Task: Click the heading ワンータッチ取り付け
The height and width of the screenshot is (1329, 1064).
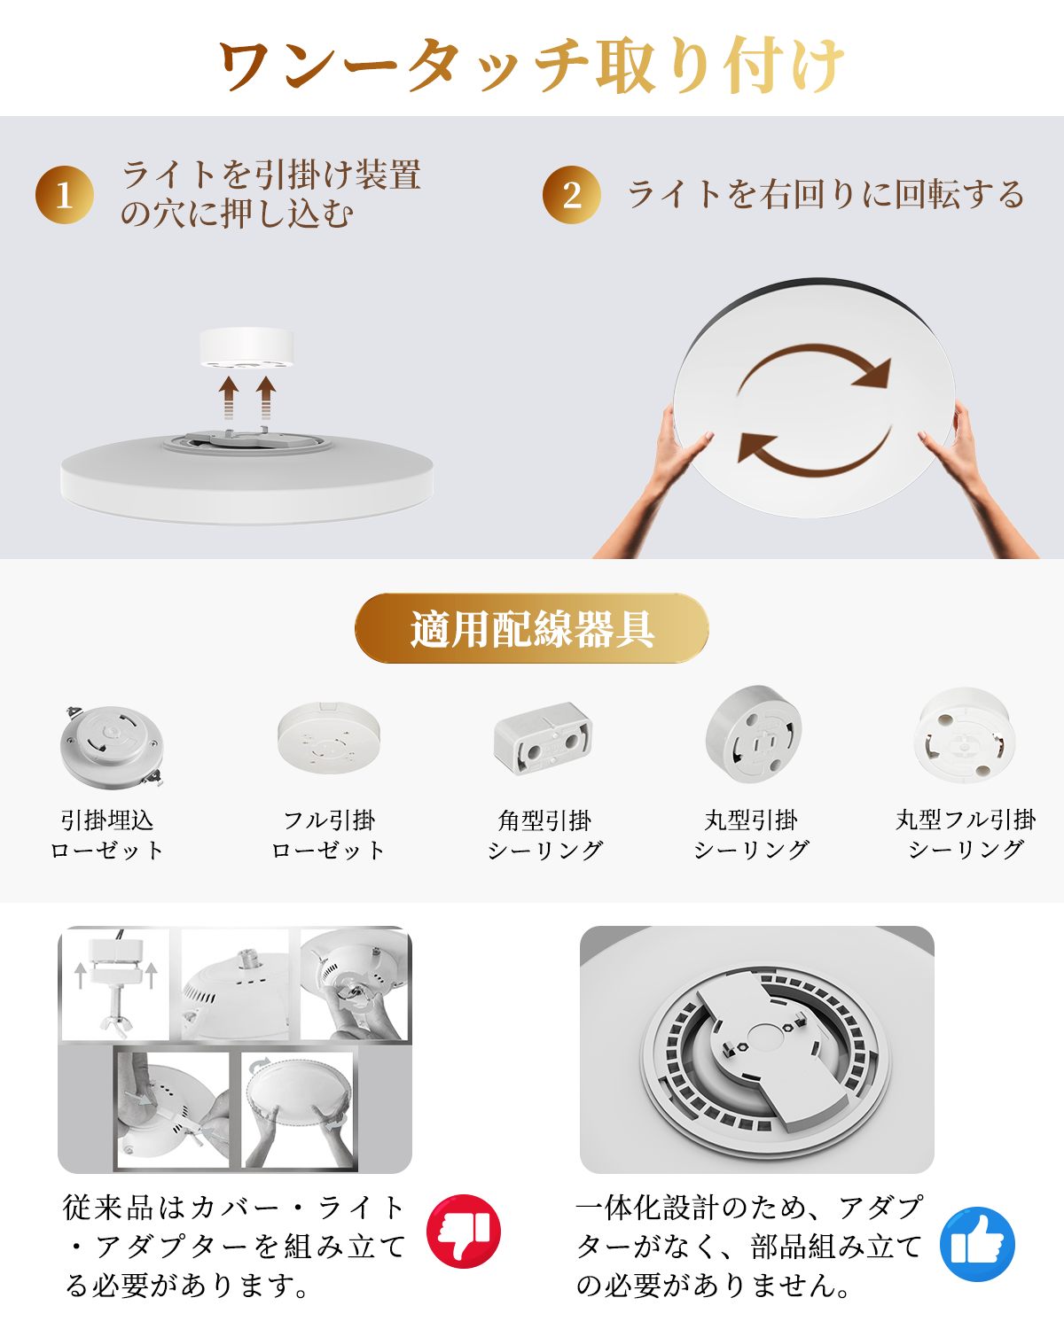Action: pos(532,64)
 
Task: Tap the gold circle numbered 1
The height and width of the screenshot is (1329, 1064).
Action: pos(65,195)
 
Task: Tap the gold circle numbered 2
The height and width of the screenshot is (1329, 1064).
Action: pos(572,195)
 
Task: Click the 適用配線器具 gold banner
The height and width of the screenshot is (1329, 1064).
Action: pos(532,629)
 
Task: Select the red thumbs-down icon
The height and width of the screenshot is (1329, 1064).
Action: pos(464,1232)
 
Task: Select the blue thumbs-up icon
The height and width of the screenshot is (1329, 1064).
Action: pos(977,1244)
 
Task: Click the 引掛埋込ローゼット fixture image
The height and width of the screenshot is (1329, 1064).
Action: pos(112,746)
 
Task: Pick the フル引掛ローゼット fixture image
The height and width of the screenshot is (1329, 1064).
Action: pos(329,737)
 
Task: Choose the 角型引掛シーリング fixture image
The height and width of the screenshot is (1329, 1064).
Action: pos(543,738)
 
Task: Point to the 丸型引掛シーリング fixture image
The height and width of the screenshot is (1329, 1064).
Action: pos(754,734)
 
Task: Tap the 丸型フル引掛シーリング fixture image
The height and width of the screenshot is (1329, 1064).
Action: pos(965,734)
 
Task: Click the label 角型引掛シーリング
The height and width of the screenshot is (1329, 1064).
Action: pos(544,835)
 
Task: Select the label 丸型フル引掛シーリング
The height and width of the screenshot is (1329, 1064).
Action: pos(966,835)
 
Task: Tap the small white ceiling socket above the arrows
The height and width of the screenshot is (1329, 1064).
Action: pos(246,347)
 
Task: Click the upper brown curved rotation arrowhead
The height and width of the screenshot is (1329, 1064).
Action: pos(872,373)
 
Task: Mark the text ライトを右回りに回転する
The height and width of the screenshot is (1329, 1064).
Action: pos(826,195)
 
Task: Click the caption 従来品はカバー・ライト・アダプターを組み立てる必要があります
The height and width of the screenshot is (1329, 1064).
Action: pos(235,1247)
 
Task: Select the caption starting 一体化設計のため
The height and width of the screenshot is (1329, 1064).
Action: pos(749,1247)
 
